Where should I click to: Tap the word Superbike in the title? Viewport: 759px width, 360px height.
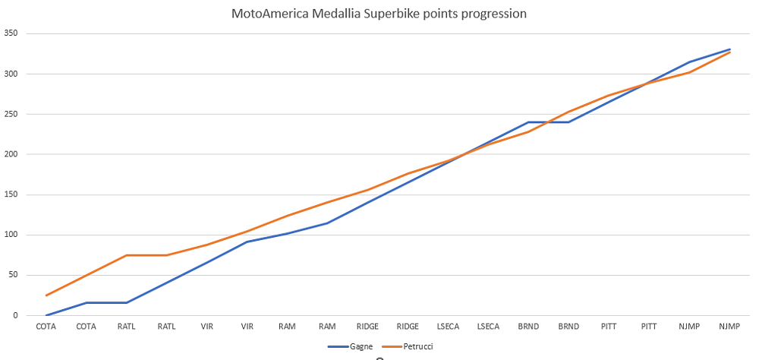tap(370, 14)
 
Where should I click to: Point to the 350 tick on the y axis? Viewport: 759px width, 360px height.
tap(11, 33)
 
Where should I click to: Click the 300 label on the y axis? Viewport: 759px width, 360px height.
tap(11, 74)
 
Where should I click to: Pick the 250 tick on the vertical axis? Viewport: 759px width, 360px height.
tap(11, 114)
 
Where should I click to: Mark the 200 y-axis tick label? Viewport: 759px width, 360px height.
tap(11, 154)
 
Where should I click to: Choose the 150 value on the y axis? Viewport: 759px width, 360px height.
tap(11, 194)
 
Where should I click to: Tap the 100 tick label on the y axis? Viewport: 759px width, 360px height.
tap(11, 235)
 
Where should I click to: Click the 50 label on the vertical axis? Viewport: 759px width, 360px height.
tap(13, 275)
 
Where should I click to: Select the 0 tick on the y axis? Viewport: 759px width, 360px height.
tap(15, 315)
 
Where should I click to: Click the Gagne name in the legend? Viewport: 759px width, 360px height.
tap(361, 346)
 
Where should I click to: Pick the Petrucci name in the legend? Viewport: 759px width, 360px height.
tap(417, 346)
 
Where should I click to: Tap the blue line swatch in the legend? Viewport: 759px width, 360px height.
tap(338, 346)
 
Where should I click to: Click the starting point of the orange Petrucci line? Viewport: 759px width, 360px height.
tap(46, 295)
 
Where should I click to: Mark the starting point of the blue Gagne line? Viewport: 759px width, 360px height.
tap(46, 315)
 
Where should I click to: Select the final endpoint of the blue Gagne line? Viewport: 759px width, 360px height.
tap(730, 49)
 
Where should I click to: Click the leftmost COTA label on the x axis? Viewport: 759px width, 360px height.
tap(46, 327)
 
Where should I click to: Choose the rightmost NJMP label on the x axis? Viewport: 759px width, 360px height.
tap(730, 327)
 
